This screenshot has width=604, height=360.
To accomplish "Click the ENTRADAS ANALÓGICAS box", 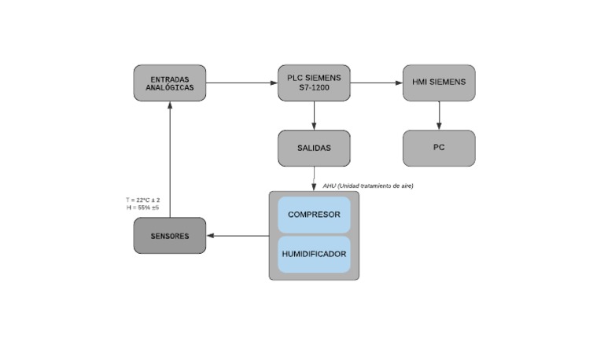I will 170,83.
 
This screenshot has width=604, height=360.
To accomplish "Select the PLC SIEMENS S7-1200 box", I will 314,83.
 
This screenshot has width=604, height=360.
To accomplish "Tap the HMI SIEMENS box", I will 439,83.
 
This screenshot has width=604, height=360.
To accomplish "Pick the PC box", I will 439,148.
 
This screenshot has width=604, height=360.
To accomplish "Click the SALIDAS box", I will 314,148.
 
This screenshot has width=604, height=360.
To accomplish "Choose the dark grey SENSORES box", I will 170,236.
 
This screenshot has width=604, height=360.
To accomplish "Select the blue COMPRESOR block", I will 314,215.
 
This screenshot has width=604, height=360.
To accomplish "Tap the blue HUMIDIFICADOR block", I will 314,254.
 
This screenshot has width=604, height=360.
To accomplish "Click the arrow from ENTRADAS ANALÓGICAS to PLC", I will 241,83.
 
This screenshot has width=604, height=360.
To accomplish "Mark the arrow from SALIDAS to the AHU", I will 314,178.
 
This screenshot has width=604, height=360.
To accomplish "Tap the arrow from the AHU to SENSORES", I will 238,236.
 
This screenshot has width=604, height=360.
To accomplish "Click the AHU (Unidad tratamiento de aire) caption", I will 367,186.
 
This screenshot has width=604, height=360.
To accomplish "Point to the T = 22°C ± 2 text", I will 142,200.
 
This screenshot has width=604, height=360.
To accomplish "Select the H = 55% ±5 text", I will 142,208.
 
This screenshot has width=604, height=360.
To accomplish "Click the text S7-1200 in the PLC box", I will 314,87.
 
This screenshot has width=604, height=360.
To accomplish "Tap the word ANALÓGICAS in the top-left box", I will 170,87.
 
